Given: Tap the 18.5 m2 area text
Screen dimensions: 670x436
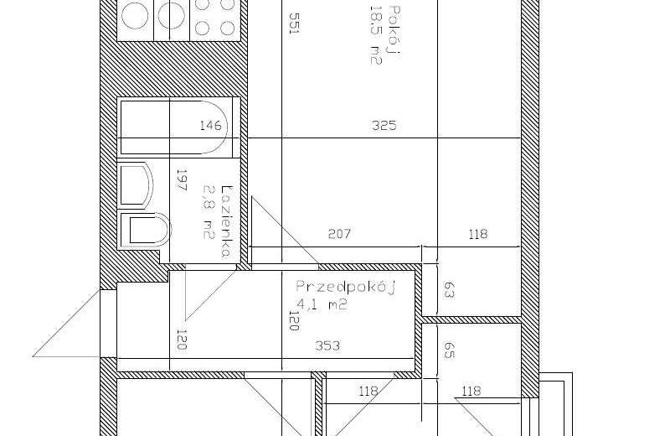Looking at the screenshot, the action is pos(375,35).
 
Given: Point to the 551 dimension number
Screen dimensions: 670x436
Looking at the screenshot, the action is pos(295,23).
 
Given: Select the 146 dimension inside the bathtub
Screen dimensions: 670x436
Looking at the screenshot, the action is pos(211,126).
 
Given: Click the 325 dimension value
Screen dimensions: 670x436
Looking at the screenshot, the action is pos(384,126).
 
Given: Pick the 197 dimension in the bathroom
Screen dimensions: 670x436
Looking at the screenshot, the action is pos(182,180).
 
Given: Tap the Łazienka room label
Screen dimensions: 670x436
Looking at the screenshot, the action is pos(226,221).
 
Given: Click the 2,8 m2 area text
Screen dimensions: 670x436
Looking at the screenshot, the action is pos(209,211).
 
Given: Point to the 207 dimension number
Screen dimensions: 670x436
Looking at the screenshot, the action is pos(339,234).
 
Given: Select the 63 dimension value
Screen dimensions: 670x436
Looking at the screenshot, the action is pos(449,289).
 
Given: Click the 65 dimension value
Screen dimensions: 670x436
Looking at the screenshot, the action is pos(449,349).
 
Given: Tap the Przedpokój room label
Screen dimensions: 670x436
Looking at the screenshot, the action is pos(346,288).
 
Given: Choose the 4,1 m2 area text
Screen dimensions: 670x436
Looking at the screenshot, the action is pos(322,304).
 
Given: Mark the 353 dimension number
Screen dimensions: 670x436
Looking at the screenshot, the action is pos(327,345).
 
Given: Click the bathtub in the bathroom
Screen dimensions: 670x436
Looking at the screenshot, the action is pos(178,127).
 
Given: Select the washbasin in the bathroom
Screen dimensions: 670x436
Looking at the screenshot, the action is pos(135,184).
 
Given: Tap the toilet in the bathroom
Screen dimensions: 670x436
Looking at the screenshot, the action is pos(145,230).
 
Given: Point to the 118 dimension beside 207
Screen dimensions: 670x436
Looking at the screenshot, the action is pos(477,234).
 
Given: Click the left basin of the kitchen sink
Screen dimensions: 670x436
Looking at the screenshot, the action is pos(135,16).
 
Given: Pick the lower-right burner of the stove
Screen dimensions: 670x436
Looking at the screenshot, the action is pos(227,29).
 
